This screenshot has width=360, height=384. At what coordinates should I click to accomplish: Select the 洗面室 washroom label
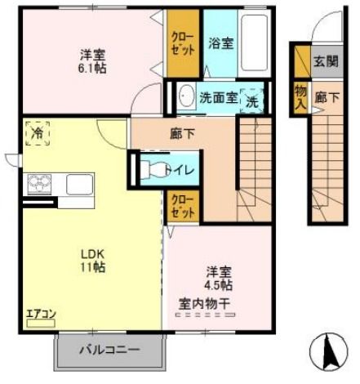click(219, 98)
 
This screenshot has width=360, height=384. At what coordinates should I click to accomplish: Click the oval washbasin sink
click(184, 96)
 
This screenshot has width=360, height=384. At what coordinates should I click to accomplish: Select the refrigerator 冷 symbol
click(37, 132)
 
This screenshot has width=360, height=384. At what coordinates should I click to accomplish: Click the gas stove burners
click(39, 184)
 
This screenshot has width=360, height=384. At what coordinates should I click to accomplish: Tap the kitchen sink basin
click(79, 183)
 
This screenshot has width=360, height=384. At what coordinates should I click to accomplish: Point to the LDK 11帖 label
click(91, 260)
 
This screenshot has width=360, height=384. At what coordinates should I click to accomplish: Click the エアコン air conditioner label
click(40, 314)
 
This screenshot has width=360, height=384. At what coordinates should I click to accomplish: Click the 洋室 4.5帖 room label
click(218, 278)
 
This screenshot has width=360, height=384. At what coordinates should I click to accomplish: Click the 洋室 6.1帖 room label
click(92, 61)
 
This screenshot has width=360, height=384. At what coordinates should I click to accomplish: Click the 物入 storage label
click(300, 95)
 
